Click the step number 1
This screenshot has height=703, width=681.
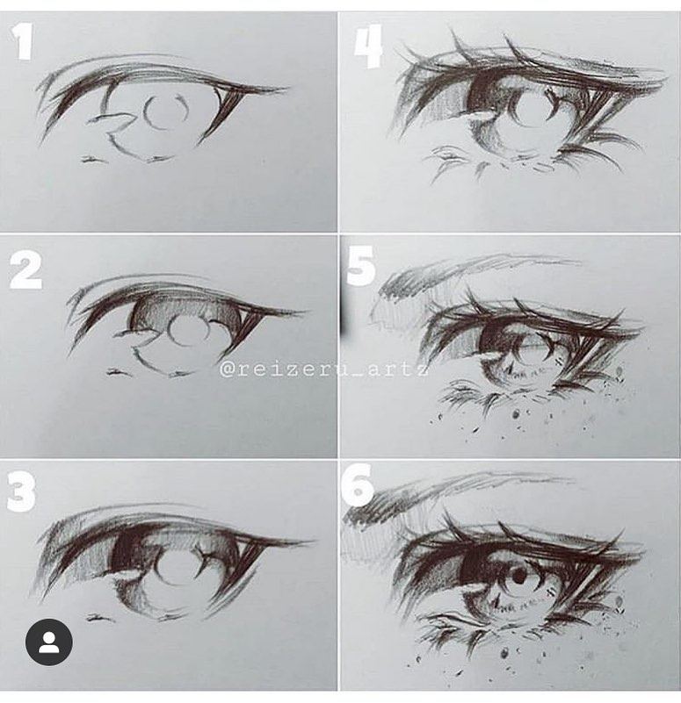[x=21, y=41]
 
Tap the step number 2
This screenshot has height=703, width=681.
[x=25, y=269]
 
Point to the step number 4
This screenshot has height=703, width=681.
[x=368, y=46]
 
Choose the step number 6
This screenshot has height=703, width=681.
[x=357, y=485]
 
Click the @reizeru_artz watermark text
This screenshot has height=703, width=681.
[x=324, y=370]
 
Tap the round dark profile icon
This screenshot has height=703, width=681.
[x=49, y=642]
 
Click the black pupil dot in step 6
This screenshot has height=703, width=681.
[x=518, y=577]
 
